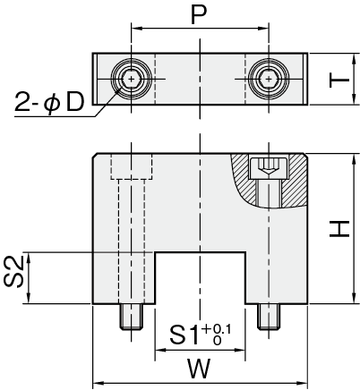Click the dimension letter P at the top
(199, 15)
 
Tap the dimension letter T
(339, 80)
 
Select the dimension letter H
(339, 229)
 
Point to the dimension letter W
(199, 369)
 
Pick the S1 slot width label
(184, 335)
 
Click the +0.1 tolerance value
(216, 329)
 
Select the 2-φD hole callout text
(49, 102)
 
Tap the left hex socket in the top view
(131, 79)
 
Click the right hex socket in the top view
(269, 79)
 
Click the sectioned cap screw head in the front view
(269, 168)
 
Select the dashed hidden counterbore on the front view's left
(132, 166)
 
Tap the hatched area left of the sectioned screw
(243, 179)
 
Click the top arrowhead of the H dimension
(354, 159)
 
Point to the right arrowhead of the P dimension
(263, 29)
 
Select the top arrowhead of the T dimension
(354, 59)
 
